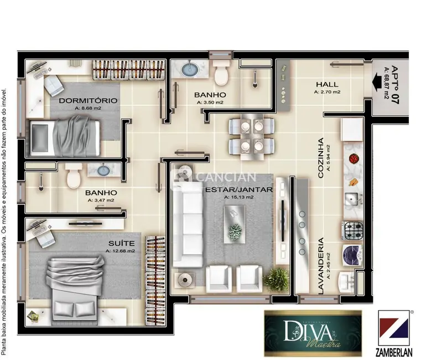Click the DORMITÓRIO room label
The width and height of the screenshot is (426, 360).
coord(88,100)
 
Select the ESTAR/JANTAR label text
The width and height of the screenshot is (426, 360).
coord(239,189)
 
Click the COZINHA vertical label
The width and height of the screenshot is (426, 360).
coord(321,161)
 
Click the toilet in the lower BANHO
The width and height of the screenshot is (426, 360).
coord(72,177)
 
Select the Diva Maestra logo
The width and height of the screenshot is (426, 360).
coord(313,333)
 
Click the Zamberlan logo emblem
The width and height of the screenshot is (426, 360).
coord(394,327)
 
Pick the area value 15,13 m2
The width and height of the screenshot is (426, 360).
coord(239,197)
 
